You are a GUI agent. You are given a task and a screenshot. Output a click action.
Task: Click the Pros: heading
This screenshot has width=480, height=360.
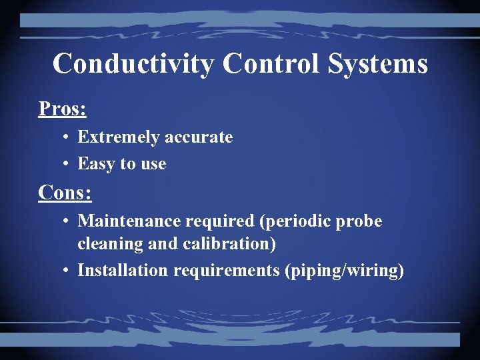(63, 108)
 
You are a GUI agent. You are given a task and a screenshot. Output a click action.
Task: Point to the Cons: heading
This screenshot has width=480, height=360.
(65, 193)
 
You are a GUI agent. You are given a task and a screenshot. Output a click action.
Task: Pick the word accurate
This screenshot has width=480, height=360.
(199, 137)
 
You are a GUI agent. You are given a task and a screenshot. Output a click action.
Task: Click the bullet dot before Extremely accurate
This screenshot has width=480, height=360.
(67, 138)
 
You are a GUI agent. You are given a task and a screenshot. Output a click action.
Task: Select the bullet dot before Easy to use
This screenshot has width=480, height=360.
(67, 164)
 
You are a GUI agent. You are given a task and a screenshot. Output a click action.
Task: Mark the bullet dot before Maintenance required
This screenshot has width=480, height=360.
(67, 221)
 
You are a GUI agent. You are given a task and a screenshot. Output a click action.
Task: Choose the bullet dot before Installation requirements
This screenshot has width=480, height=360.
(67, 271)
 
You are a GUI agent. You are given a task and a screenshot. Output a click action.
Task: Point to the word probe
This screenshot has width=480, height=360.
(363, 221)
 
